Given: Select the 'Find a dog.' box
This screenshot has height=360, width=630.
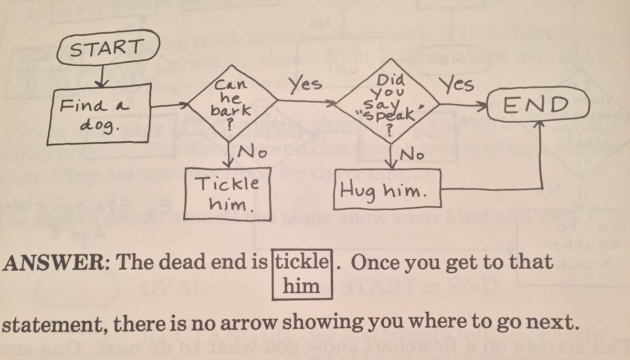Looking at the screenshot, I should [94, 117].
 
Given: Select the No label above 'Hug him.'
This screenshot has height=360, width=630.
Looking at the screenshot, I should [412, 154].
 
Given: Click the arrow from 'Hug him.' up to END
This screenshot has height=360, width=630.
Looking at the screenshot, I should [541, 157].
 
